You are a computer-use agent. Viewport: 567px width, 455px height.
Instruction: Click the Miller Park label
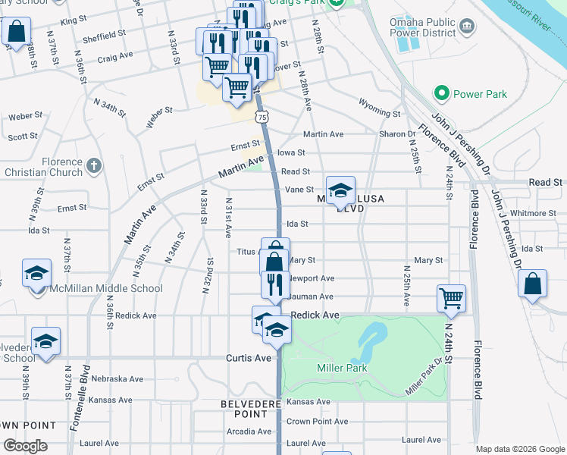coord(342,369)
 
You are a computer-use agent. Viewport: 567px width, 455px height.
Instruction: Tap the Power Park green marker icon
coord(441,94)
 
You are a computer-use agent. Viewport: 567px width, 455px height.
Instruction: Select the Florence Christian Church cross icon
coord(93,165)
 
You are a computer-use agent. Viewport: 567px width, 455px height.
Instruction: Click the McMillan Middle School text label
coord(106,288)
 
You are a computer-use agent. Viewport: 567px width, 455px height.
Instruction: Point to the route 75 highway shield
coord(262,117)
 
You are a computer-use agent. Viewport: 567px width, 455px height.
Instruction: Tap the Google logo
coord(24,446)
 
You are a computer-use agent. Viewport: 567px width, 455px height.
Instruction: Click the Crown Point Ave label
coord(317,422)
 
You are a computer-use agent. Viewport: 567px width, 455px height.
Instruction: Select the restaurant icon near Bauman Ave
coord(275,284)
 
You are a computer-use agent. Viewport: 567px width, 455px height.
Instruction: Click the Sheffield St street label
coord(105,35)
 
